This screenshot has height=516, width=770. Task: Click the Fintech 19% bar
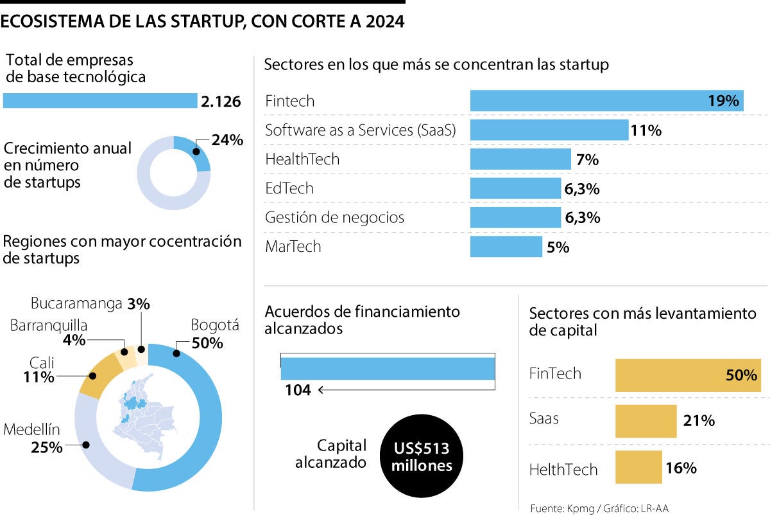606,101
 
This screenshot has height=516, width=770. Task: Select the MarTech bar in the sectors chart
506,247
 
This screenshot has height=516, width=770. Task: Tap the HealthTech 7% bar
520,159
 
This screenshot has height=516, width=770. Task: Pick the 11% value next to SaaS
646,130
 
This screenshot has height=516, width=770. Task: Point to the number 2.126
221,102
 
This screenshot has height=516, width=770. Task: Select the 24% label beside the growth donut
228,139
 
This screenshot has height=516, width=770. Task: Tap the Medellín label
32,429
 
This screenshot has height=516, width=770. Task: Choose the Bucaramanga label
76,303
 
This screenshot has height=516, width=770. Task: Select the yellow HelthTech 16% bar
638,467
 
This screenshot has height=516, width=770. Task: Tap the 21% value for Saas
699,422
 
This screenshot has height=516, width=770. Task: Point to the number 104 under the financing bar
298,389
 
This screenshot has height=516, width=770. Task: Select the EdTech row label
289,188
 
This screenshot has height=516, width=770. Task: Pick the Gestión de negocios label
334,217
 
